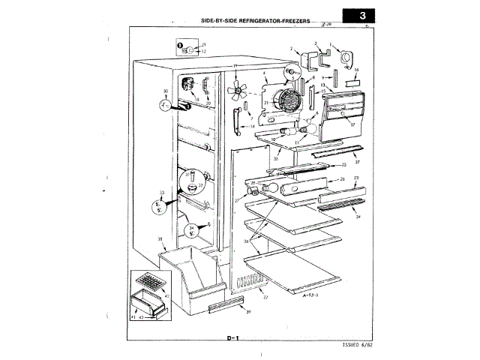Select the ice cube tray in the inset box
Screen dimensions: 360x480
click(x=150, y=284)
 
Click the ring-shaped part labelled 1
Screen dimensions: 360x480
click(x=346, y=60)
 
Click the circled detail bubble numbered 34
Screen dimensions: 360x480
click(x=193, y=231)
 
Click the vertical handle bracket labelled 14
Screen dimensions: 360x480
click(x=238, y=117)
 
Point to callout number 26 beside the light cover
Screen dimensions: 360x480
click(x=341, y=179)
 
